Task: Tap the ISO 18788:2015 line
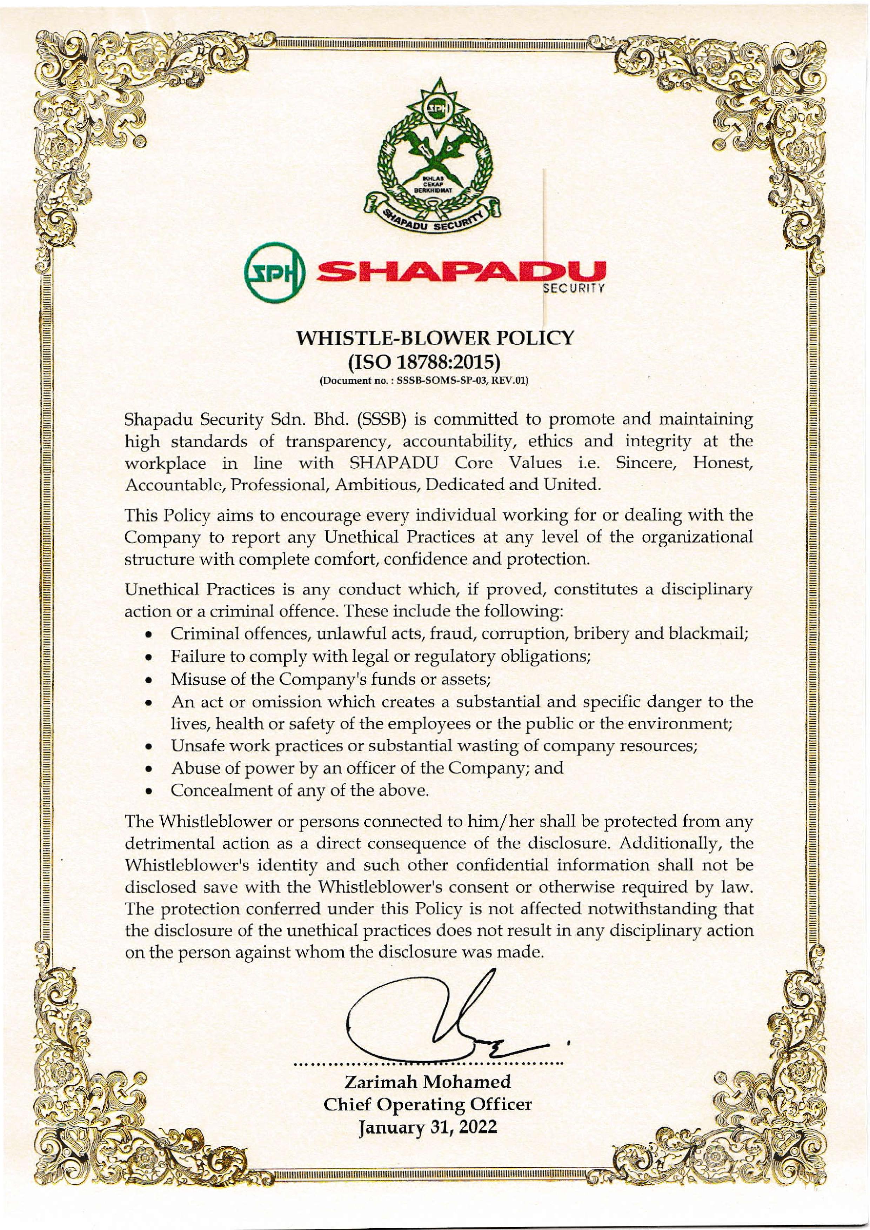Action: click(x=424, y=363)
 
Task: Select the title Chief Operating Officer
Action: click(x=428, y=1089)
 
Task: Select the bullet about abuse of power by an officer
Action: click(x=367, y=768)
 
